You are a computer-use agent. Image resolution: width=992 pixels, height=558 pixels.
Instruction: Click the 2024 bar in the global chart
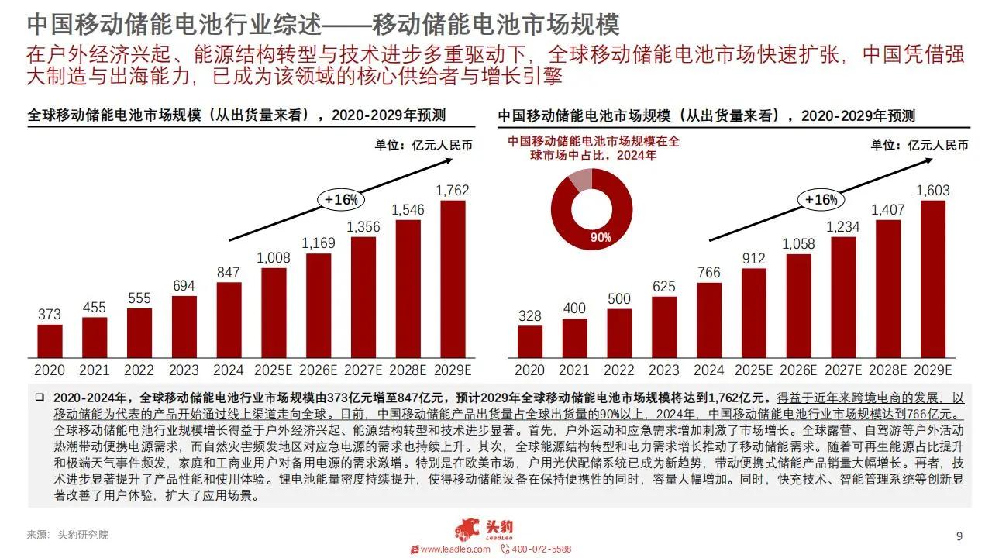pyautogui.click(x=229, y=319)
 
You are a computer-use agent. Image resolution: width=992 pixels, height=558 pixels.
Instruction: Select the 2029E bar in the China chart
pyautogui.click(x=932, y=279)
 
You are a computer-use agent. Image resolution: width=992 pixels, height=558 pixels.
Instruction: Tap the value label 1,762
pyautogui.click(x=453, y=190)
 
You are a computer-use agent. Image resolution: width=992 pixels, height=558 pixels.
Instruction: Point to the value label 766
pyautogui.click(x=708, y=273)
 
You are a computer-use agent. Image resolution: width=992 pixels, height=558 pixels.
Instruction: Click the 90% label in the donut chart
pyautogui.click(x=601, y=237)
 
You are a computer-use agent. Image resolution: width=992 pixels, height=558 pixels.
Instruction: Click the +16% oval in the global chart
pyautogui.click(x=341, y=199)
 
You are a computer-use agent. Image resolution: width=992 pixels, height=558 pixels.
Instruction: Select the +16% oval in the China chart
pyautogui.click(x=821, y=200)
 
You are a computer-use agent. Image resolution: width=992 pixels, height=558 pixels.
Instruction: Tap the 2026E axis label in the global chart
pyautogui.click(x=319, y=370)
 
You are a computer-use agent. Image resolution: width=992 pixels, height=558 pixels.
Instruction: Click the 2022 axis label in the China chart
pyautogui.click(x=619, y=370)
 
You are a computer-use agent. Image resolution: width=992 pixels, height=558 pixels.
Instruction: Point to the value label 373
pyautogui.click(x=50, y=314)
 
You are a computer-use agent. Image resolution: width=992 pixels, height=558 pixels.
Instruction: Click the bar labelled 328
pyautogui.click(x=530, y=341)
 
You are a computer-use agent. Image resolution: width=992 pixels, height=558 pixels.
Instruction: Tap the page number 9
pyautogui.click(x=959, y=536)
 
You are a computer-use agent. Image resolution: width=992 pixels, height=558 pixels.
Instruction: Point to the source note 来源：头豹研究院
pyautogui.click(x=68, y=535)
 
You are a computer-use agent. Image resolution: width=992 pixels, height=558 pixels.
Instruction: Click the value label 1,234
pyautogui.click(x=842, y=226)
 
